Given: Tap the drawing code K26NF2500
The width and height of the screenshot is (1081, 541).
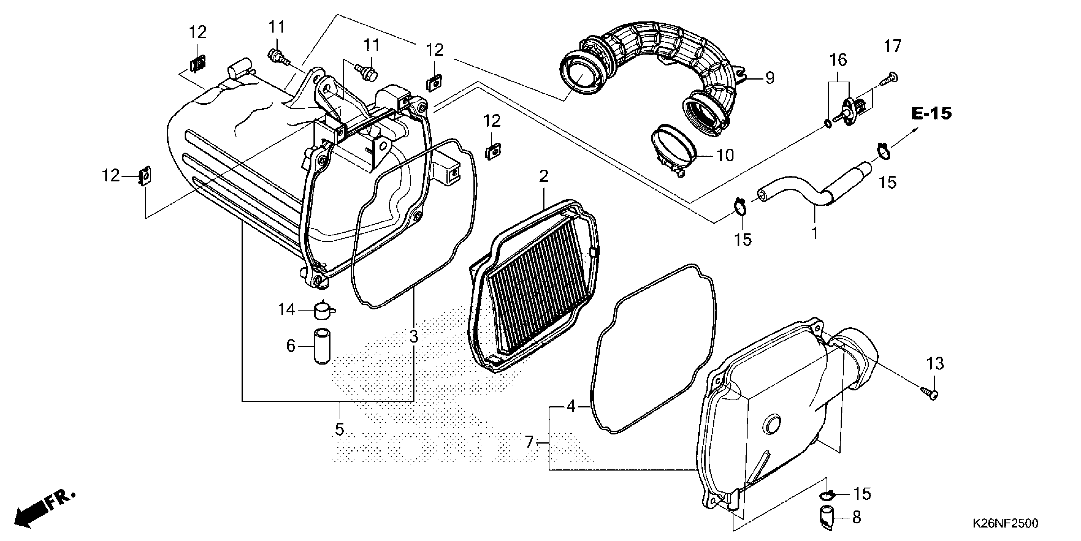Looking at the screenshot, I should coord(1005,523).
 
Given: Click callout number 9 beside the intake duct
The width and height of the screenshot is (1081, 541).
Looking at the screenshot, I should coord(769,78).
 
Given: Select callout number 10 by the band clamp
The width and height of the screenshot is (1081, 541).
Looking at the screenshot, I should coord(725,155).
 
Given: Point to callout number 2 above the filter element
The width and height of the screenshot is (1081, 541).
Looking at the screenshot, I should coord(543,176).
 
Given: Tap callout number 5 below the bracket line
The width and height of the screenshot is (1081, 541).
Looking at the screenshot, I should coord(340,429).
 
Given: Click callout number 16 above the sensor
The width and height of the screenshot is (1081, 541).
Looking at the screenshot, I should coord(838,60).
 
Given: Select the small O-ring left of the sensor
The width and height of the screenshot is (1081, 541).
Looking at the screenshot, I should coord(828,123).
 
